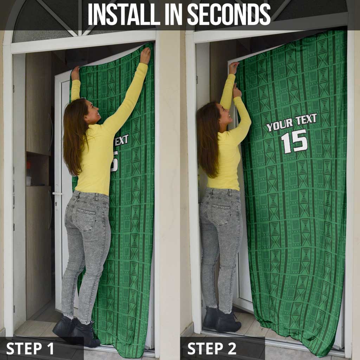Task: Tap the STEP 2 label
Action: pyautogui.click(x=212, y=348)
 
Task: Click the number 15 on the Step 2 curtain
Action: pyautogui.click(x=294, y=141)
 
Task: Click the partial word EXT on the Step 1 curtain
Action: pyautogui.click(x=121, y=141)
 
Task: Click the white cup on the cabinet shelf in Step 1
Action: pyautogui.click(x=29, y=180)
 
